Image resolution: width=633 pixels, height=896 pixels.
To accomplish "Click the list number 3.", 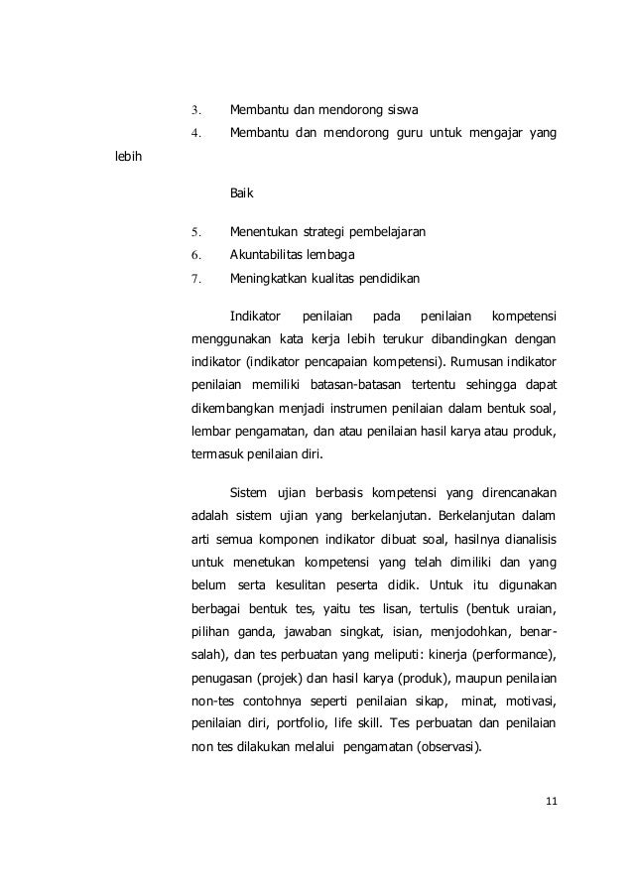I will point(195,109).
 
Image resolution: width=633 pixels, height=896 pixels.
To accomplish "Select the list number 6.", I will point(195,256).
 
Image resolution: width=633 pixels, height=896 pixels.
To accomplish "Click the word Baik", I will point(241,195).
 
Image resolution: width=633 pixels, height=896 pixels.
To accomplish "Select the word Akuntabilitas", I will point(269,256).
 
